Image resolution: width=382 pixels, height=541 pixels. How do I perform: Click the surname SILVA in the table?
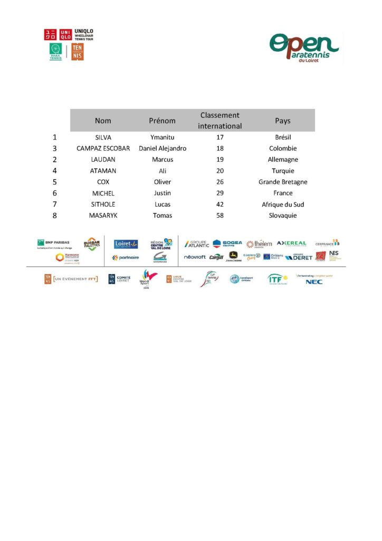pyautogui.click(x=103, y=137)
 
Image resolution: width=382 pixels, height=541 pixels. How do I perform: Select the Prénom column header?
pyautogui.click(x=162, y=120)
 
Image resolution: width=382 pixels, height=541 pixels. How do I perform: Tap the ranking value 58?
pyautogui.click(x=220, y=216)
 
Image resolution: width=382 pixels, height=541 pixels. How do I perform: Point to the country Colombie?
pyautogui.click(x=283, y=148)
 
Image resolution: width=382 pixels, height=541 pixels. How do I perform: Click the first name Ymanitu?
pyautogui.click(x=162, y=137)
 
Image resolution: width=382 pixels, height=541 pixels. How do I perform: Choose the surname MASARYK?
pyautogui.click(x=103, y=216)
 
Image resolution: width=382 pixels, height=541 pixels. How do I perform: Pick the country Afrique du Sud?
pyautogui.click(x=283, y=204)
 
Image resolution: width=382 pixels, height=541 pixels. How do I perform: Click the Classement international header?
pyautogui.click(x=220, y=120)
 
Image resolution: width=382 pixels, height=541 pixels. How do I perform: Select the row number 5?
pyautogui.click(x=54, y=182)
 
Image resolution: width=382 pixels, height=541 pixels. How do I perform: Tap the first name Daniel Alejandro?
pyautogui.click(x=162, y=148)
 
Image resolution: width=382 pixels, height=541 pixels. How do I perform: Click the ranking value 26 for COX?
pyautogui.click(x=220, y=182)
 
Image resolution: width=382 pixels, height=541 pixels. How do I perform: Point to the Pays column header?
pyautogui.click(x=283, y=120)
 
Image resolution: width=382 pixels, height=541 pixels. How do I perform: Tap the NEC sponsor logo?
pyautogui.click(x=314, y=282)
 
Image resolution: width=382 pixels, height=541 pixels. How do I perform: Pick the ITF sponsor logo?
pyautogui.click(x=276, y=279)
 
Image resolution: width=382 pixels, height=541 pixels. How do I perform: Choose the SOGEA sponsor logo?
pyautogui.click(x=227, y=244)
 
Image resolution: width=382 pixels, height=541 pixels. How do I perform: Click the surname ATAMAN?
pyautogui.click(x=103, y=171)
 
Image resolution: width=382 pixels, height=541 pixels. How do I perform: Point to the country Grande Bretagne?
pyautogui.click(x=283, y=182)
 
